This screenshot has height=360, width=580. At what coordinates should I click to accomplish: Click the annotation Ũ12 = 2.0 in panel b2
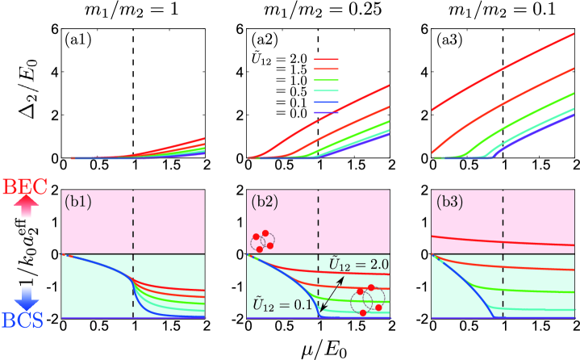tap(354, 262)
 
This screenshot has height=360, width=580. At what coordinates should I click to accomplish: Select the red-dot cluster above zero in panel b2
tap(263, 240)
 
